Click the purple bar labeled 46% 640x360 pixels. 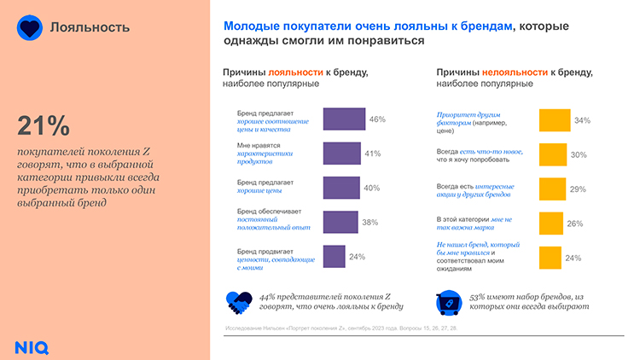[344, 119]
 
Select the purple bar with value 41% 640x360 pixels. [341, 153]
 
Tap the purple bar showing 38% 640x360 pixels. [340, 222]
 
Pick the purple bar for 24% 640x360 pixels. [334, 256]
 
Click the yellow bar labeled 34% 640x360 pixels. [554, 120]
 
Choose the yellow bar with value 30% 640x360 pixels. [552, 154]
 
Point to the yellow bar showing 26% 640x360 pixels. [550, 224]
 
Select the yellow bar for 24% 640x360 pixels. [549, 258]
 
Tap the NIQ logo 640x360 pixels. [32, 345]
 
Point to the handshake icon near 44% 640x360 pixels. [238, 300]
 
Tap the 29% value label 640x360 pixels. [578, 189]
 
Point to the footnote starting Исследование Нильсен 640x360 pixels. [342, 328]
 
